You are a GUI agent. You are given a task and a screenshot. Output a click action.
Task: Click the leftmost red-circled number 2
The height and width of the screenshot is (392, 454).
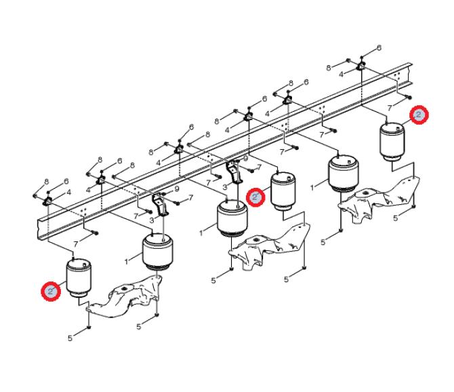coord(51,291)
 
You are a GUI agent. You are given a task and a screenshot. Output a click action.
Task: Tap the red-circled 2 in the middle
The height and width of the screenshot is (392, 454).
coord(255,197)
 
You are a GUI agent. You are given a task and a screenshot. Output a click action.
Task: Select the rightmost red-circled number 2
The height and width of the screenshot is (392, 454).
coord(419,115)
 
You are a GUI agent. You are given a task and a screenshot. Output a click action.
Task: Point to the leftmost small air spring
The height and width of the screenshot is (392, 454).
coord(79,278)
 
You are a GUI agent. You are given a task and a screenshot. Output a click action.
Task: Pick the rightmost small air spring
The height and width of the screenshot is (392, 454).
coord(392,142)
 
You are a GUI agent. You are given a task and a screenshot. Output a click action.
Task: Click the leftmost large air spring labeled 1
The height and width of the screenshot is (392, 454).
coord(158,252)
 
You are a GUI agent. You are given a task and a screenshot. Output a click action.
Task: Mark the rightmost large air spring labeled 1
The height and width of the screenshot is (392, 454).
coord(344,173)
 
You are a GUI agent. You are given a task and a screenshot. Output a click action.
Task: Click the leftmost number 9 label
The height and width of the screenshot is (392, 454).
coord(177,189)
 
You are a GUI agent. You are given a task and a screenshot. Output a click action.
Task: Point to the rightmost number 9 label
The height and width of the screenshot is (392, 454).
coord(245,159)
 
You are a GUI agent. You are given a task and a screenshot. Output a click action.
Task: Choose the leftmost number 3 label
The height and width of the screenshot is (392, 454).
coord(152,220)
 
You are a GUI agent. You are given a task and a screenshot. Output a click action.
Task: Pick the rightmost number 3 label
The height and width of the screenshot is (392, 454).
coord(225,187)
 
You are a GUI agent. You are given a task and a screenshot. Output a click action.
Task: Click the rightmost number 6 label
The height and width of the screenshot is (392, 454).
coord(379,47)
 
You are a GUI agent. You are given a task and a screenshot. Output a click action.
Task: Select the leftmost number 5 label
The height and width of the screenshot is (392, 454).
coord(70,338)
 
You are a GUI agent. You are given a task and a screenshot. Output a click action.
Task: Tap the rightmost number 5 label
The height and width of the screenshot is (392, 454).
coord(396,218)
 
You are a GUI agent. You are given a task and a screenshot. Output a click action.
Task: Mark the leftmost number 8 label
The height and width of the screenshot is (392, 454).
coord(46,182)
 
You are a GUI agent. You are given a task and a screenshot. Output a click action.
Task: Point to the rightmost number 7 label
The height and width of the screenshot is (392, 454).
coord(390,108)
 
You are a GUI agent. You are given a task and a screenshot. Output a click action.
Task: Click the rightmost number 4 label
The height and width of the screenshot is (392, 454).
coord(342,74)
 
